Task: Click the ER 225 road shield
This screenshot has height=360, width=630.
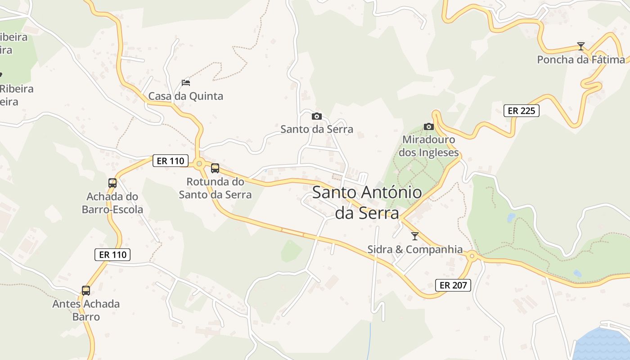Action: click(521, 110)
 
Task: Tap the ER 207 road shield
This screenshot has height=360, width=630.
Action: click(453, 285)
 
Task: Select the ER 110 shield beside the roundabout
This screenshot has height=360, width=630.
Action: click(170, 161)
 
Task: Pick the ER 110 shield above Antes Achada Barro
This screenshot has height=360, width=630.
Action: click(113, 254)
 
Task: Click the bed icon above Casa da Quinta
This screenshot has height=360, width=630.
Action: click(185, 82)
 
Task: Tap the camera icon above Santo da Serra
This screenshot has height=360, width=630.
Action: click(317, 116)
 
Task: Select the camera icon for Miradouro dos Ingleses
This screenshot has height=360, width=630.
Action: click(428, 126)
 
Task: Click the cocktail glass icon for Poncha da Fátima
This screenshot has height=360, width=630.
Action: click(581, 46)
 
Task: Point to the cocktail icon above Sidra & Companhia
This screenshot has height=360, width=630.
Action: click(415, 236)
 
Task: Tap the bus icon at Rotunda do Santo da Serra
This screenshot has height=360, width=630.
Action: click(215, 168)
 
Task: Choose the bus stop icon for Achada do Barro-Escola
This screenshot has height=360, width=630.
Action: click(112, 183)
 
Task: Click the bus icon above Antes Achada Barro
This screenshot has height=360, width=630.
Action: click(86, 290)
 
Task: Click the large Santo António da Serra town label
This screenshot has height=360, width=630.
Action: click(367, 202)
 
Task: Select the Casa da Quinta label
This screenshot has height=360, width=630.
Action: click(185, 96)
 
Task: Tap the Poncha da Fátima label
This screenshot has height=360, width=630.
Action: click(581, 59)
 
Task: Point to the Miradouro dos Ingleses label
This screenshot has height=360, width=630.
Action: click(428, 146)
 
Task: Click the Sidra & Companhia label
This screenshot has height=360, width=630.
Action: click(415, 249)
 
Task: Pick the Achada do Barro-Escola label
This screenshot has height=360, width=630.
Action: click(112, 203)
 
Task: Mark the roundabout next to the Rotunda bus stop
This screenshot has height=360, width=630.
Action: click(199, 163)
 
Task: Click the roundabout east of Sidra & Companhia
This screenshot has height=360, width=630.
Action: click(472, 256)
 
